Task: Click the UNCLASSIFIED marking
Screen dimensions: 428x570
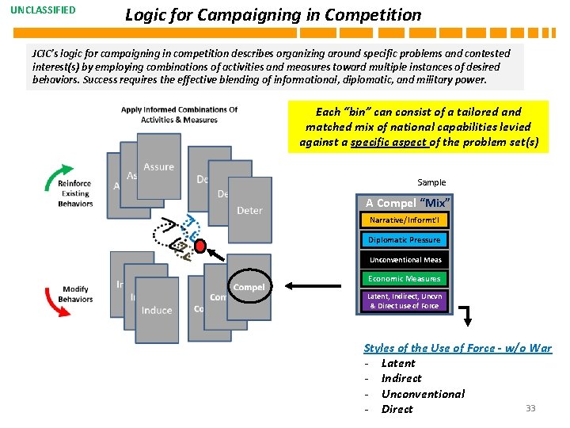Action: [44, 10]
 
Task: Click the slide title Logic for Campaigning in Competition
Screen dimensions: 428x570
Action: [273, 14]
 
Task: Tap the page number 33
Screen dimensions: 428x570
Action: [530, 408]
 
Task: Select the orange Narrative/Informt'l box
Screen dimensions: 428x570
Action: [405, 220]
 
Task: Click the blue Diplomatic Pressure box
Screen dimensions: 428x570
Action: [405, 239]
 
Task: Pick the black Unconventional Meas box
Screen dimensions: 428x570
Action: [405, 259]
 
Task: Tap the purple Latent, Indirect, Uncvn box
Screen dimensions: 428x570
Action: [405, 300]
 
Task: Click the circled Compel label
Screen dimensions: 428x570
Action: [249, 287]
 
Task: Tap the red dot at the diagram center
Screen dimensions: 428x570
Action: [200, 244]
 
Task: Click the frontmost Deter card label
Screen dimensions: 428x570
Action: [249, 210]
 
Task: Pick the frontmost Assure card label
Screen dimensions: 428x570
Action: [158, 166]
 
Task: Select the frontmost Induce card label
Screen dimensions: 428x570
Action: [157, 310]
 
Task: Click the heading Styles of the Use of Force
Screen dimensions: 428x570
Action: [458, 348]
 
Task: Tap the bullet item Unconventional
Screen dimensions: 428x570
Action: [423, 394]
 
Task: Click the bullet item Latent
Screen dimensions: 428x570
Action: [398, 363]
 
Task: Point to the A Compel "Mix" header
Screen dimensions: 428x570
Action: [404, 203]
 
